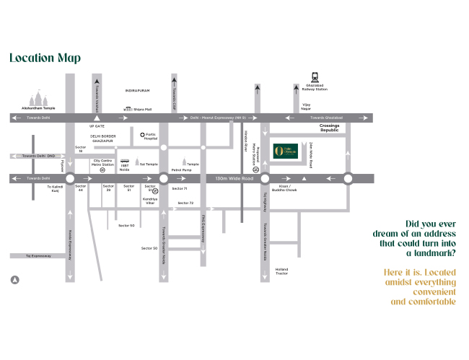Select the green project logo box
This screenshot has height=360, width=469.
click(284, 152)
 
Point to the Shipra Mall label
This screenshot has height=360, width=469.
click(142, 109)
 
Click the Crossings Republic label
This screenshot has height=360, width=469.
click(329, 128)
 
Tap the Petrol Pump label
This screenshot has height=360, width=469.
click(180, 170)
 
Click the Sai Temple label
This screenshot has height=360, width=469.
click(149, 164)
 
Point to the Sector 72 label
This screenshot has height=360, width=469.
click(186, 203)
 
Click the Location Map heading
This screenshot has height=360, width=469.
click(45, 58)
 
